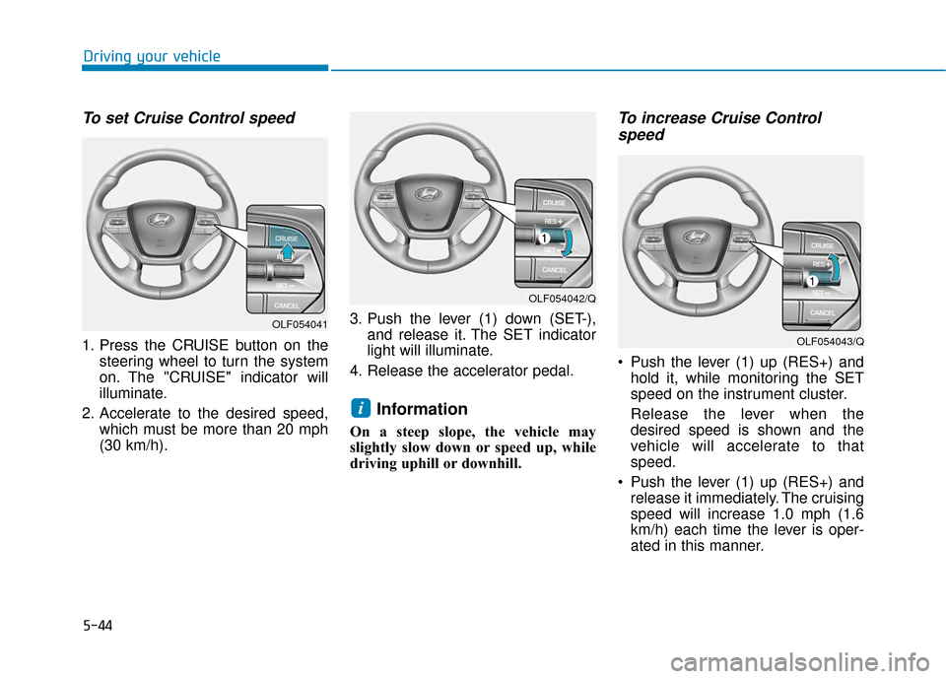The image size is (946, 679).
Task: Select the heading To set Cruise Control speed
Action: point(188,118)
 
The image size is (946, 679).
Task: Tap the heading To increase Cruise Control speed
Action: point(718,126)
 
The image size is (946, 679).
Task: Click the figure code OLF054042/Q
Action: point(562,298)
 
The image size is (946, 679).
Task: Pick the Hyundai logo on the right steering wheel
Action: point(696,237)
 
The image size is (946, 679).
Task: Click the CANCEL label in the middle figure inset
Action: point(555,269)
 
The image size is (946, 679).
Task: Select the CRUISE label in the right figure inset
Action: point(823,245)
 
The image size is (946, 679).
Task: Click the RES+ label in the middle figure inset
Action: point(556,221)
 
